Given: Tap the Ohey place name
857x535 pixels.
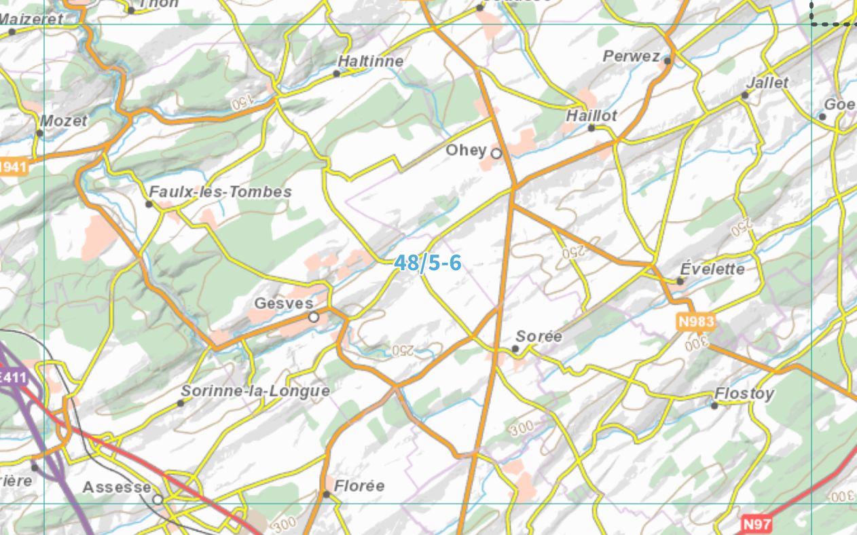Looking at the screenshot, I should [x=466, y=150].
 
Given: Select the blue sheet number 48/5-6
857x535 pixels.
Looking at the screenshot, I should [x=428, y=263].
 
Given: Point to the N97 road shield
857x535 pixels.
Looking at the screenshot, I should [x=756, y=523].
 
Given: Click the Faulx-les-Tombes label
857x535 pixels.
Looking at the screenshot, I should [x=220, y=192].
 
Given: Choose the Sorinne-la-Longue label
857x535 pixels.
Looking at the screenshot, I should [x=255, y=391].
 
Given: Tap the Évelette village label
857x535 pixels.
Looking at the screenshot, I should [x=712, y=269].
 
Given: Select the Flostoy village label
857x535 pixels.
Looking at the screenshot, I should [x=744, y=394].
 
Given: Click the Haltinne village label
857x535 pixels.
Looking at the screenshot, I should [x=370, y=61].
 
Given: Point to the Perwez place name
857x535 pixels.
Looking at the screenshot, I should [x=631, y=56].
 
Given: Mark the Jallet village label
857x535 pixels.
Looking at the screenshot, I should [x=767, y=83].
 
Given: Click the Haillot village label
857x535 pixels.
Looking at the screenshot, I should [x=591, y=116].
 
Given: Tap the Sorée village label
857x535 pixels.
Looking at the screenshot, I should [x=539, y=336].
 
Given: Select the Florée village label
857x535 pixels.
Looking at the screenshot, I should [x=359, y=486].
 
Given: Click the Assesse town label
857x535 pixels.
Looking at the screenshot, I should [x=117, y=487].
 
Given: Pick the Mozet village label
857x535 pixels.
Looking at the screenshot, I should [x=64, y=121].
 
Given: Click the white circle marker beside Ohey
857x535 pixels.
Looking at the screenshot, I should [x=496, y=153].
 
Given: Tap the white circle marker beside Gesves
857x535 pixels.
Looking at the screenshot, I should [x=313, y=317].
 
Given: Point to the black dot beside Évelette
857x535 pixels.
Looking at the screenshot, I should [x=680, y=281].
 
